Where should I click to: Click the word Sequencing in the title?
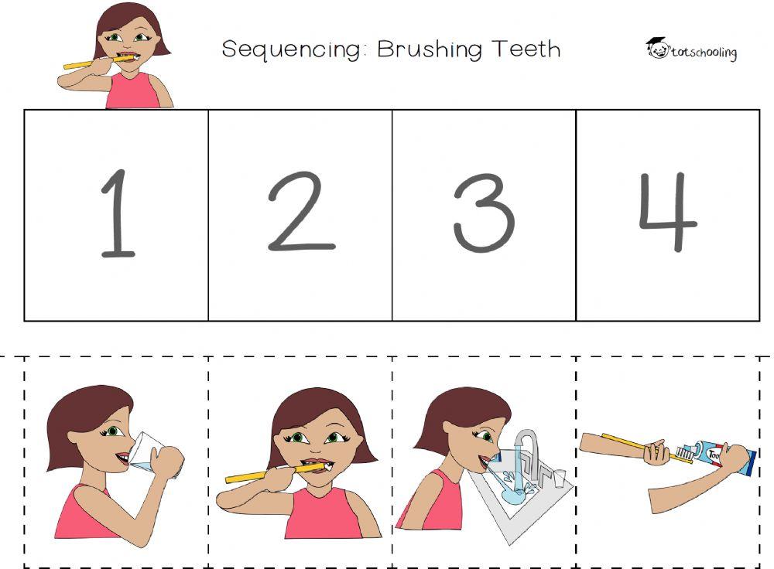[291, 49]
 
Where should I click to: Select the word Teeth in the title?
[526, 49]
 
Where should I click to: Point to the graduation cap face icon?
[656, 48]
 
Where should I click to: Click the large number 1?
[117, 213]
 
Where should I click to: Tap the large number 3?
[484, 213]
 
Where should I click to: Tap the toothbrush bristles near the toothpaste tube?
[683, 451]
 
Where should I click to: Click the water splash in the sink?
[511, 495]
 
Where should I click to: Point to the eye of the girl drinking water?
[115, 431]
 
